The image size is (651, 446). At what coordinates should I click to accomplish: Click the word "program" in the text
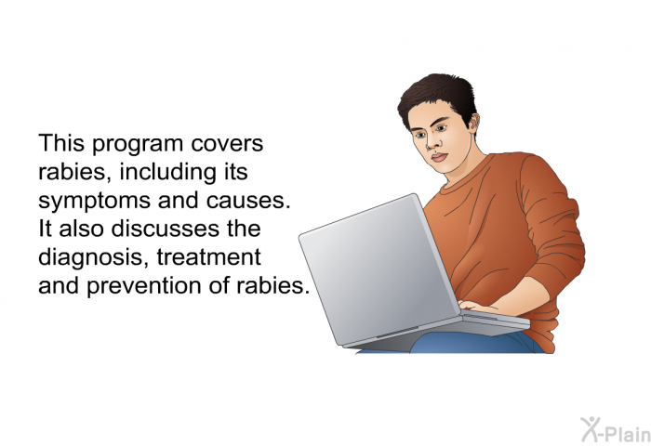click(138, 144)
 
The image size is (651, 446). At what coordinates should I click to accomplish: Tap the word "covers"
click(227, 144)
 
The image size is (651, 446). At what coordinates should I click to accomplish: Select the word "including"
click(168, 173)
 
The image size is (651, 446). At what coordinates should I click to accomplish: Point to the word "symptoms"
click(94, 202)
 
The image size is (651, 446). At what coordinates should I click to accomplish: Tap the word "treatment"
click(209, 257)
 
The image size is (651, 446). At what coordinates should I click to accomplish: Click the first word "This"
click(61, 143)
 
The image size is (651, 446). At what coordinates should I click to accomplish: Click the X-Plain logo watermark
click(616, 429)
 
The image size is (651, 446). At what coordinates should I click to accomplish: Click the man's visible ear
click(473, 122)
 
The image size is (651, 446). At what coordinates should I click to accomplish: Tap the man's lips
click(439, 158)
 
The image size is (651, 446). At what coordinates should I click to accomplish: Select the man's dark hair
click(439, 98)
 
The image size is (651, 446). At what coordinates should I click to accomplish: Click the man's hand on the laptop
click(477, 307)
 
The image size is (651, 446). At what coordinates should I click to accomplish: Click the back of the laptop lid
click(379, 269)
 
